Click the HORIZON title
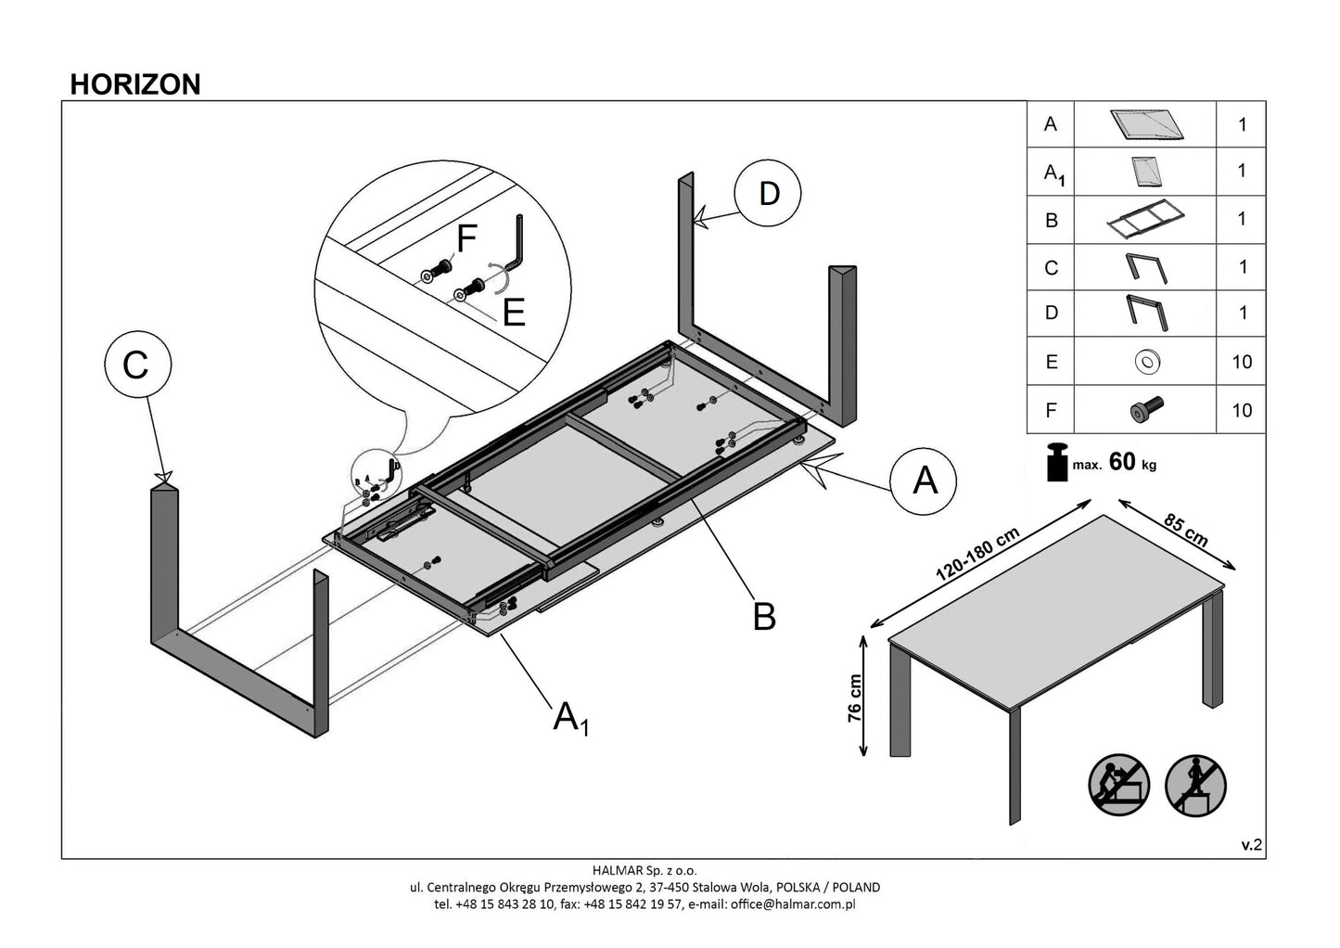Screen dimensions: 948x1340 (x=135, y=84)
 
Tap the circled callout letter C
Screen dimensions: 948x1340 (x=136, y=365)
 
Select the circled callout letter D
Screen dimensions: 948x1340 (x=768, y=194)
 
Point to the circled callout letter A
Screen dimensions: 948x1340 (x=925, y=480)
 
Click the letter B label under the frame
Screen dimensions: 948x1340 (x=763, y=616)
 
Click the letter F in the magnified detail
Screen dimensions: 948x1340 (x=466, y=239)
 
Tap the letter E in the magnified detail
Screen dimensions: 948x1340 (x=514, y=313)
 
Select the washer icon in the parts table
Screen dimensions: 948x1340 (x=1146, y=362)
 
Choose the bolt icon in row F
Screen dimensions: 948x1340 (x=1146, y=409)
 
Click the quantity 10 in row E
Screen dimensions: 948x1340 (x=1242, y=362)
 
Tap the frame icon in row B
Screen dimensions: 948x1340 (x=1146, y=221)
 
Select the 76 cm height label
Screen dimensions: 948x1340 (x=854, y=698)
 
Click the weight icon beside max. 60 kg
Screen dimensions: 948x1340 (x=1056, y=462)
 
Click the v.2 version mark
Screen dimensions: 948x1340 (x=1252, y=844)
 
